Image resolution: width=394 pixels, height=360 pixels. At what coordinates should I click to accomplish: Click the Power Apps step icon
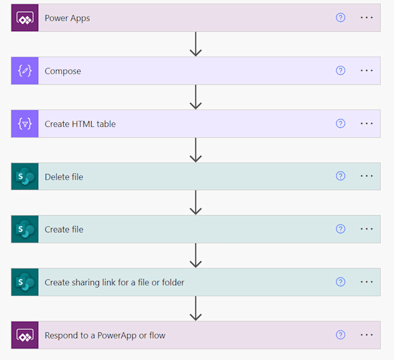click(x=25, y=18)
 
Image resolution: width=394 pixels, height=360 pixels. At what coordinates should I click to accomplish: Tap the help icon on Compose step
click(x=341, y=71)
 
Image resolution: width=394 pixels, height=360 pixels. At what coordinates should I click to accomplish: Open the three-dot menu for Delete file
click(x=367, y=176)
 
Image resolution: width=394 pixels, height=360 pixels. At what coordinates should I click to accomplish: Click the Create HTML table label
click(x=80, y=124)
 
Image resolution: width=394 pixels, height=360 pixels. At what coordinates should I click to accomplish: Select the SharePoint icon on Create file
click(x=25, y=230)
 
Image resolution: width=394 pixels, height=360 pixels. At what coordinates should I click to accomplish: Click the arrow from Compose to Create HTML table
click(x=196, y=97)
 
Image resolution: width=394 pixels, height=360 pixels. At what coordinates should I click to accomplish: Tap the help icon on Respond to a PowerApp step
click(x=341, y=335)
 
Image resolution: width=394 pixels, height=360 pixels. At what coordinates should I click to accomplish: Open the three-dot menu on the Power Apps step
click(x=367, y=18)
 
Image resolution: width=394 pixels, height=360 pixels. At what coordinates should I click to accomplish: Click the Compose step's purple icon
click(x=25, y=71)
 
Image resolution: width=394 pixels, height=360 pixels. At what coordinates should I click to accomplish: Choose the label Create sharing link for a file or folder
click(x=114, y=282)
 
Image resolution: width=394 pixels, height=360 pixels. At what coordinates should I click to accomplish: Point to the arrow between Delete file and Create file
click(x=196, y=203)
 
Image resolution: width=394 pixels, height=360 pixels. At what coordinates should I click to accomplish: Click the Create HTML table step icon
click(x=25, y=124)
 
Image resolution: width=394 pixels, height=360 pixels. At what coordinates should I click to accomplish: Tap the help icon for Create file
click(x=341, y=230)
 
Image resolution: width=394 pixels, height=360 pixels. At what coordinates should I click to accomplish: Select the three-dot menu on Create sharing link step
click(x=367, y=282)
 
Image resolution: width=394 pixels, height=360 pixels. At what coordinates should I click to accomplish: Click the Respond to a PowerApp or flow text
click(x=105, y=336)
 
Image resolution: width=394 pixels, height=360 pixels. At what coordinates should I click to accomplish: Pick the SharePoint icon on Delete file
click(x=25, y=176)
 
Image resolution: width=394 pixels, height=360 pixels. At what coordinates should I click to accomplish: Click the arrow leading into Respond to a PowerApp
click(x=196, y=309)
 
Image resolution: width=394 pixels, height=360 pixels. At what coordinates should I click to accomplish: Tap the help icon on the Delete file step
click(x=341, y=176)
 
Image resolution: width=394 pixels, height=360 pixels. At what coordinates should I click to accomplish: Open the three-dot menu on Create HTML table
click(x=367, y=123)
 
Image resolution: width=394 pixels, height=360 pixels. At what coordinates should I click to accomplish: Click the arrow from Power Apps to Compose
click(x=196, y=44)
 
